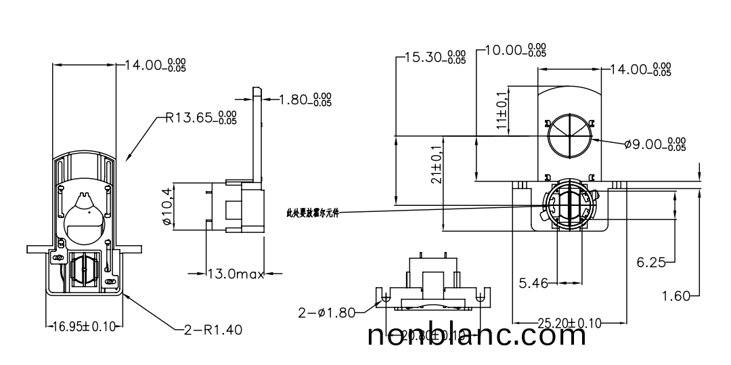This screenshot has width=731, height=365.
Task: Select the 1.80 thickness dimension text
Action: tap(306, 100)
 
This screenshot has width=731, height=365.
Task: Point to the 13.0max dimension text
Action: tap(235, 274)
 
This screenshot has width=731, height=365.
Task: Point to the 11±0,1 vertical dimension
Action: tap(501, 110)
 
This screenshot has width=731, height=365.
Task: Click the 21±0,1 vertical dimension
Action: tap(436, 165)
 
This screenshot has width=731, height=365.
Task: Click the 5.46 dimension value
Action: tap(534, 283)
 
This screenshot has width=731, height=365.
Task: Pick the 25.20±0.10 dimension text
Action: tap(570, 323)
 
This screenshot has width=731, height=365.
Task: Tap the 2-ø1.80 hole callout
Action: tap(326, 312)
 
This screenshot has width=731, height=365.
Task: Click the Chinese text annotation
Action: tap(311, 213)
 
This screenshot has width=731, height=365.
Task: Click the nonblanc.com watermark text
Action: tap(477, 335)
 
